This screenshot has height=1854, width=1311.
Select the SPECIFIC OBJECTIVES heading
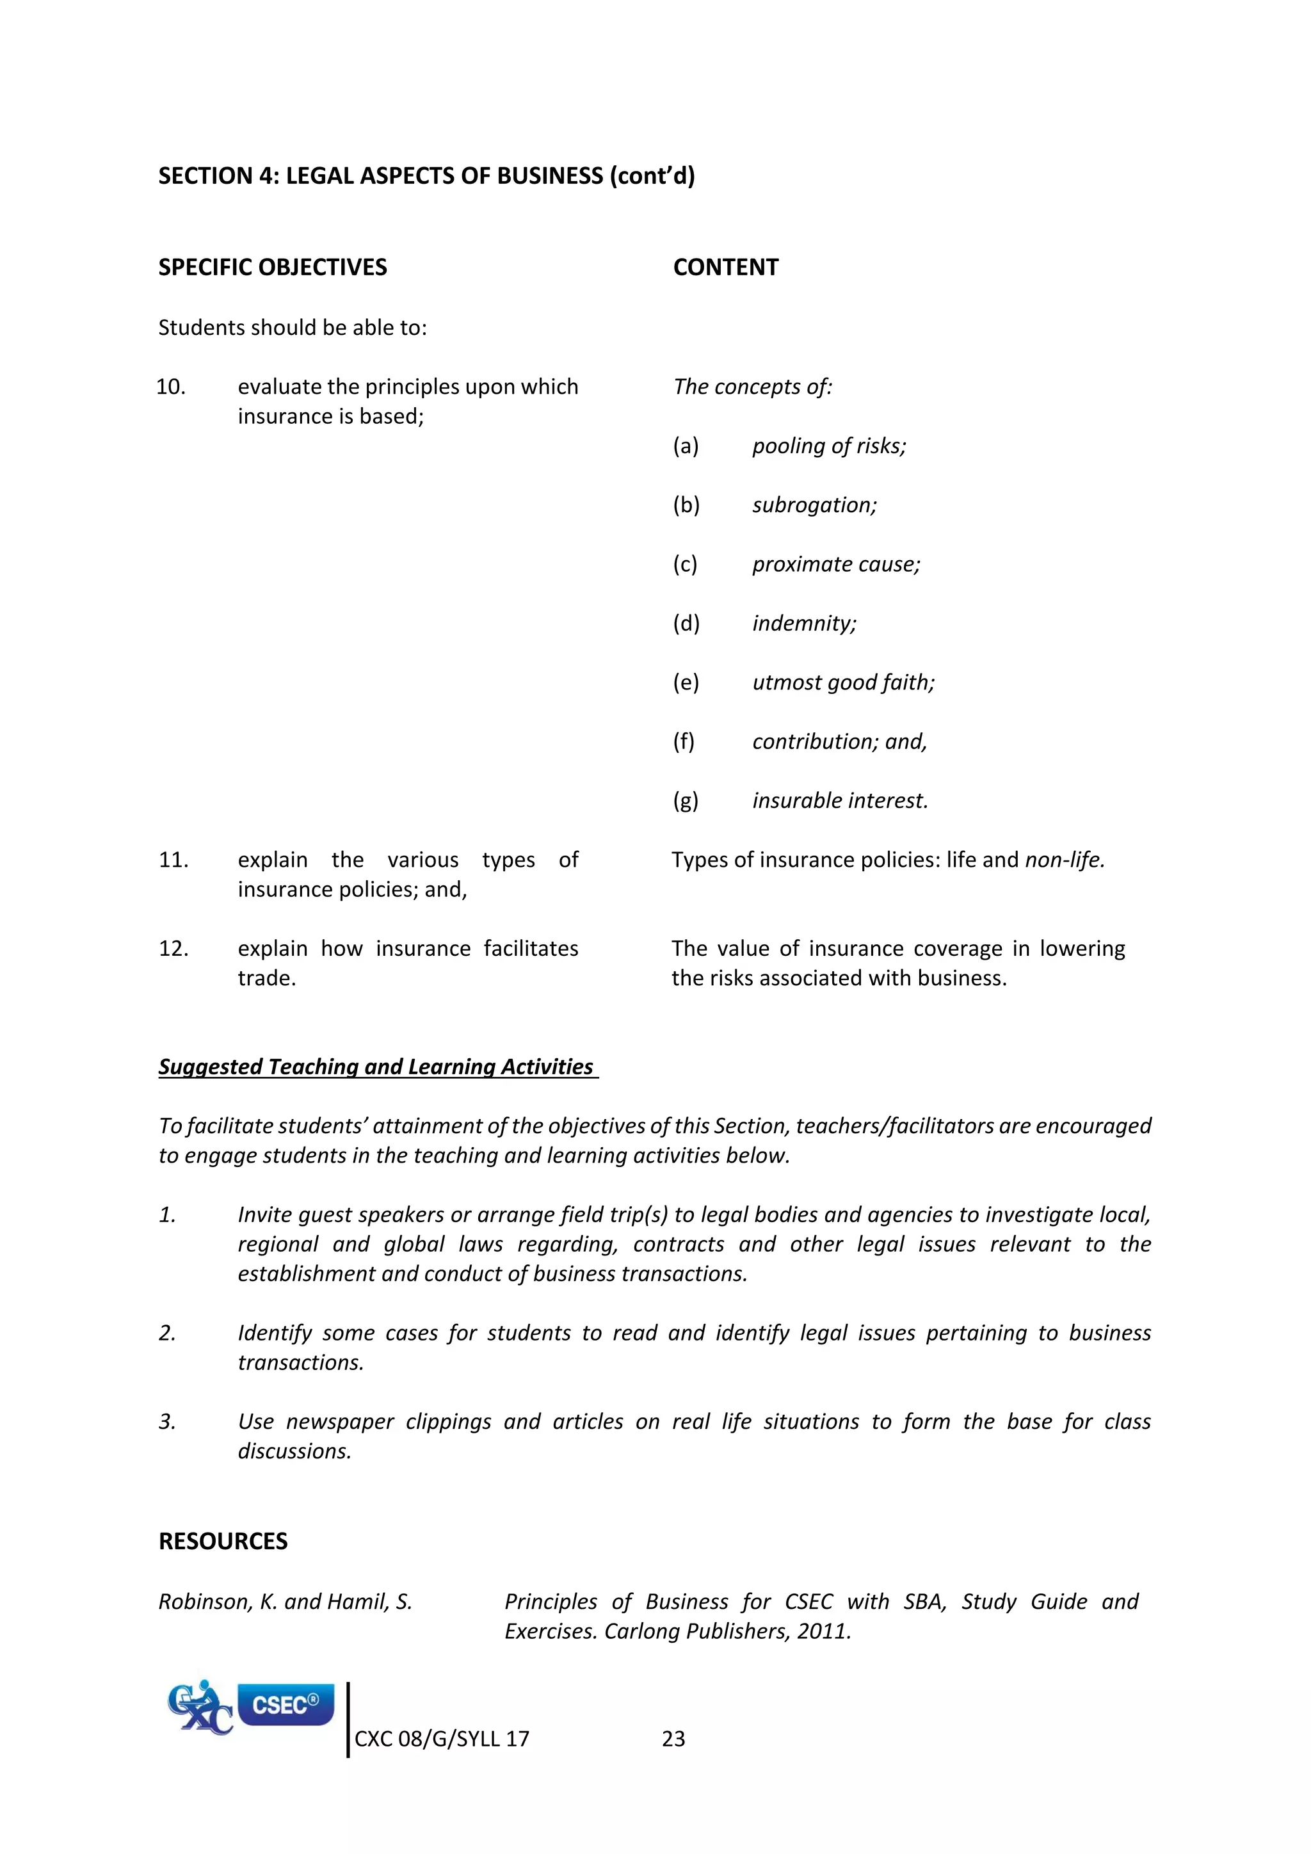(x=272, y=267)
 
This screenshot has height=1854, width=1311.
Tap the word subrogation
(x=813, y=506)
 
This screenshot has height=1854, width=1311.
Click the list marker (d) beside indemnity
(x=686, y=624)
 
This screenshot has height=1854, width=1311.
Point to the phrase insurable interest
(x=840, y=801)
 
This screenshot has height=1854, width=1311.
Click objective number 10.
(x=171, y=387)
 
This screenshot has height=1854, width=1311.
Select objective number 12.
(x=173, y=948)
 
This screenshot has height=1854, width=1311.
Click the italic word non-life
(x=1063, y=860)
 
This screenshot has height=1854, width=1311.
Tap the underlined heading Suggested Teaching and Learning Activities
(x=376, y=1067)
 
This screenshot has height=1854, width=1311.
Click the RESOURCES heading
(x=223, y=1542)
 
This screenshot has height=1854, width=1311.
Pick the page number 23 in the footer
(x=673, y=1739)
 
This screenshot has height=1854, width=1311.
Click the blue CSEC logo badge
(x=286, y=1705)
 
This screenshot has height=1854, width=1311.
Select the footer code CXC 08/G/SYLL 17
(x=442, y=1739)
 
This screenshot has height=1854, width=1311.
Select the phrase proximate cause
(x=835, y=565)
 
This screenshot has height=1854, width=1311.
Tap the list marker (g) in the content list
(x=686, y=801)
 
